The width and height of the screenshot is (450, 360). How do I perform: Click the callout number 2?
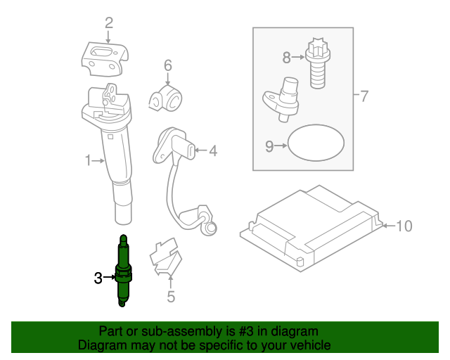pos(109,23)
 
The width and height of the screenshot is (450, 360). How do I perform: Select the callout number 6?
pos(168,66)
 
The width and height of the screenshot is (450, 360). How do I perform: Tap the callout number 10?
pos(404,226)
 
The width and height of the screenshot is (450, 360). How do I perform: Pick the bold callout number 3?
pos(98,278)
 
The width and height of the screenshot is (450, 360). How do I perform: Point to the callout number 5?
pos(171,297)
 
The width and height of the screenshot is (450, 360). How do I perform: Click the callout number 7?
pos(364,96)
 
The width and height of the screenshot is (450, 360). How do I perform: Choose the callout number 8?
pos(287,57)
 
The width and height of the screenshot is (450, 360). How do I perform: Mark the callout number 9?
pos(269,146)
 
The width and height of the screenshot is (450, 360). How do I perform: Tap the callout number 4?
pos(213,150)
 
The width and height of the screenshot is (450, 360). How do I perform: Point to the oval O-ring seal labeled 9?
pos(317,145)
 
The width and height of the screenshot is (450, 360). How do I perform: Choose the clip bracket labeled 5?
pos(166,257)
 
